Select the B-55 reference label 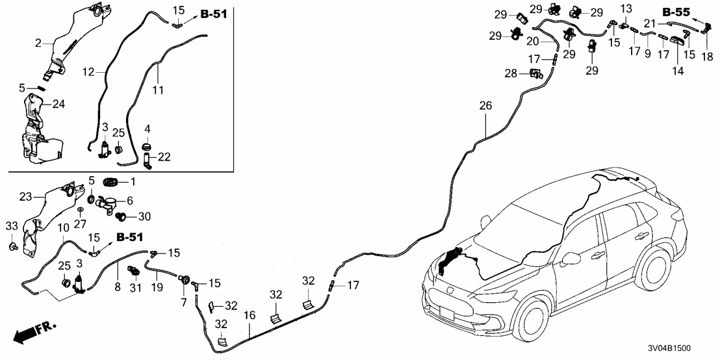pyautogui.click(x=676, y=12)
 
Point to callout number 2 pyautogui.click(x=39, y=43)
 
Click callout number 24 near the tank pyautogui.click(x=58, y=103)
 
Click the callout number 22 pyautogui.click(x=165, y=157)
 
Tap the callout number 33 pyautogui.click(x=12, y=225)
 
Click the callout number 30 pyautogui.click(x=144, y=216)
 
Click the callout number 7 pyautogui.click(x=183, y=303)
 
